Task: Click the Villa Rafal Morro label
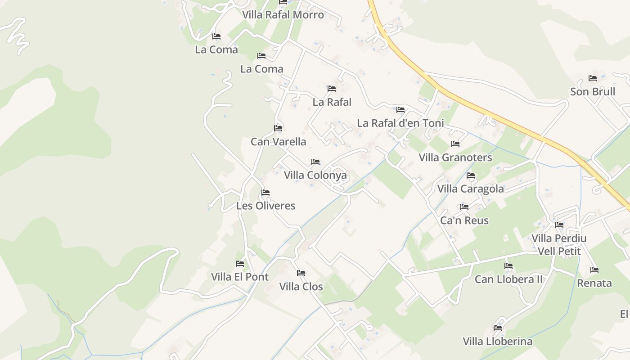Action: click(283, 15)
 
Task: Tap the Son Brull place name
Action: click(592, 92)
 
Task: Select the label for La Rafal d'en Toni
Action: click(400, 123)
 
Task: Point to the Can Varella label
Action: click(278, 142)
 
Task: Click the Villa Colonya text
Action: click(315, 175)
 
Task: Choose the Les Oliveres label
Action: click(265, 206)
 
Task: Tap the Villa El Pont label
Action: click(240, 277)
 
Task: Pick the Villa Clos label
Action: click(301, 286)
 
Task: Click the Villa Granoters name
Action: click(455, 157)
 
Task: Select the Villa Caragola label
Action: click(471, 189)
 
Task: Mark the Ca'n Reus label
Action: click(464, 220)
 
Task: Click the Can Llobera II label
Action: click(508, 279)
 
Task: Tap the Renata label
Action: click(594, 283)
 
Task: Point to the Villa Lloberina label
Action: click(498, 341)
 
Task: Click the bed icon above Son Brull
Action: click(593, 78)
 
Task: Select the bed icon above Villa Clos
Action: click(301, 273)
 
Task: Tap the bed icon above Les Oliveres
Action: click(265, 193)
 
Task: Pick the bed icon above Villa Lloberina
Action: click(498, 328)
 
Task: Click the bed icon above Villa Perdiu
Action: click(559, 225)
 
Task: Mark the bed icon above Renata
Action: click(594, 270)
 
